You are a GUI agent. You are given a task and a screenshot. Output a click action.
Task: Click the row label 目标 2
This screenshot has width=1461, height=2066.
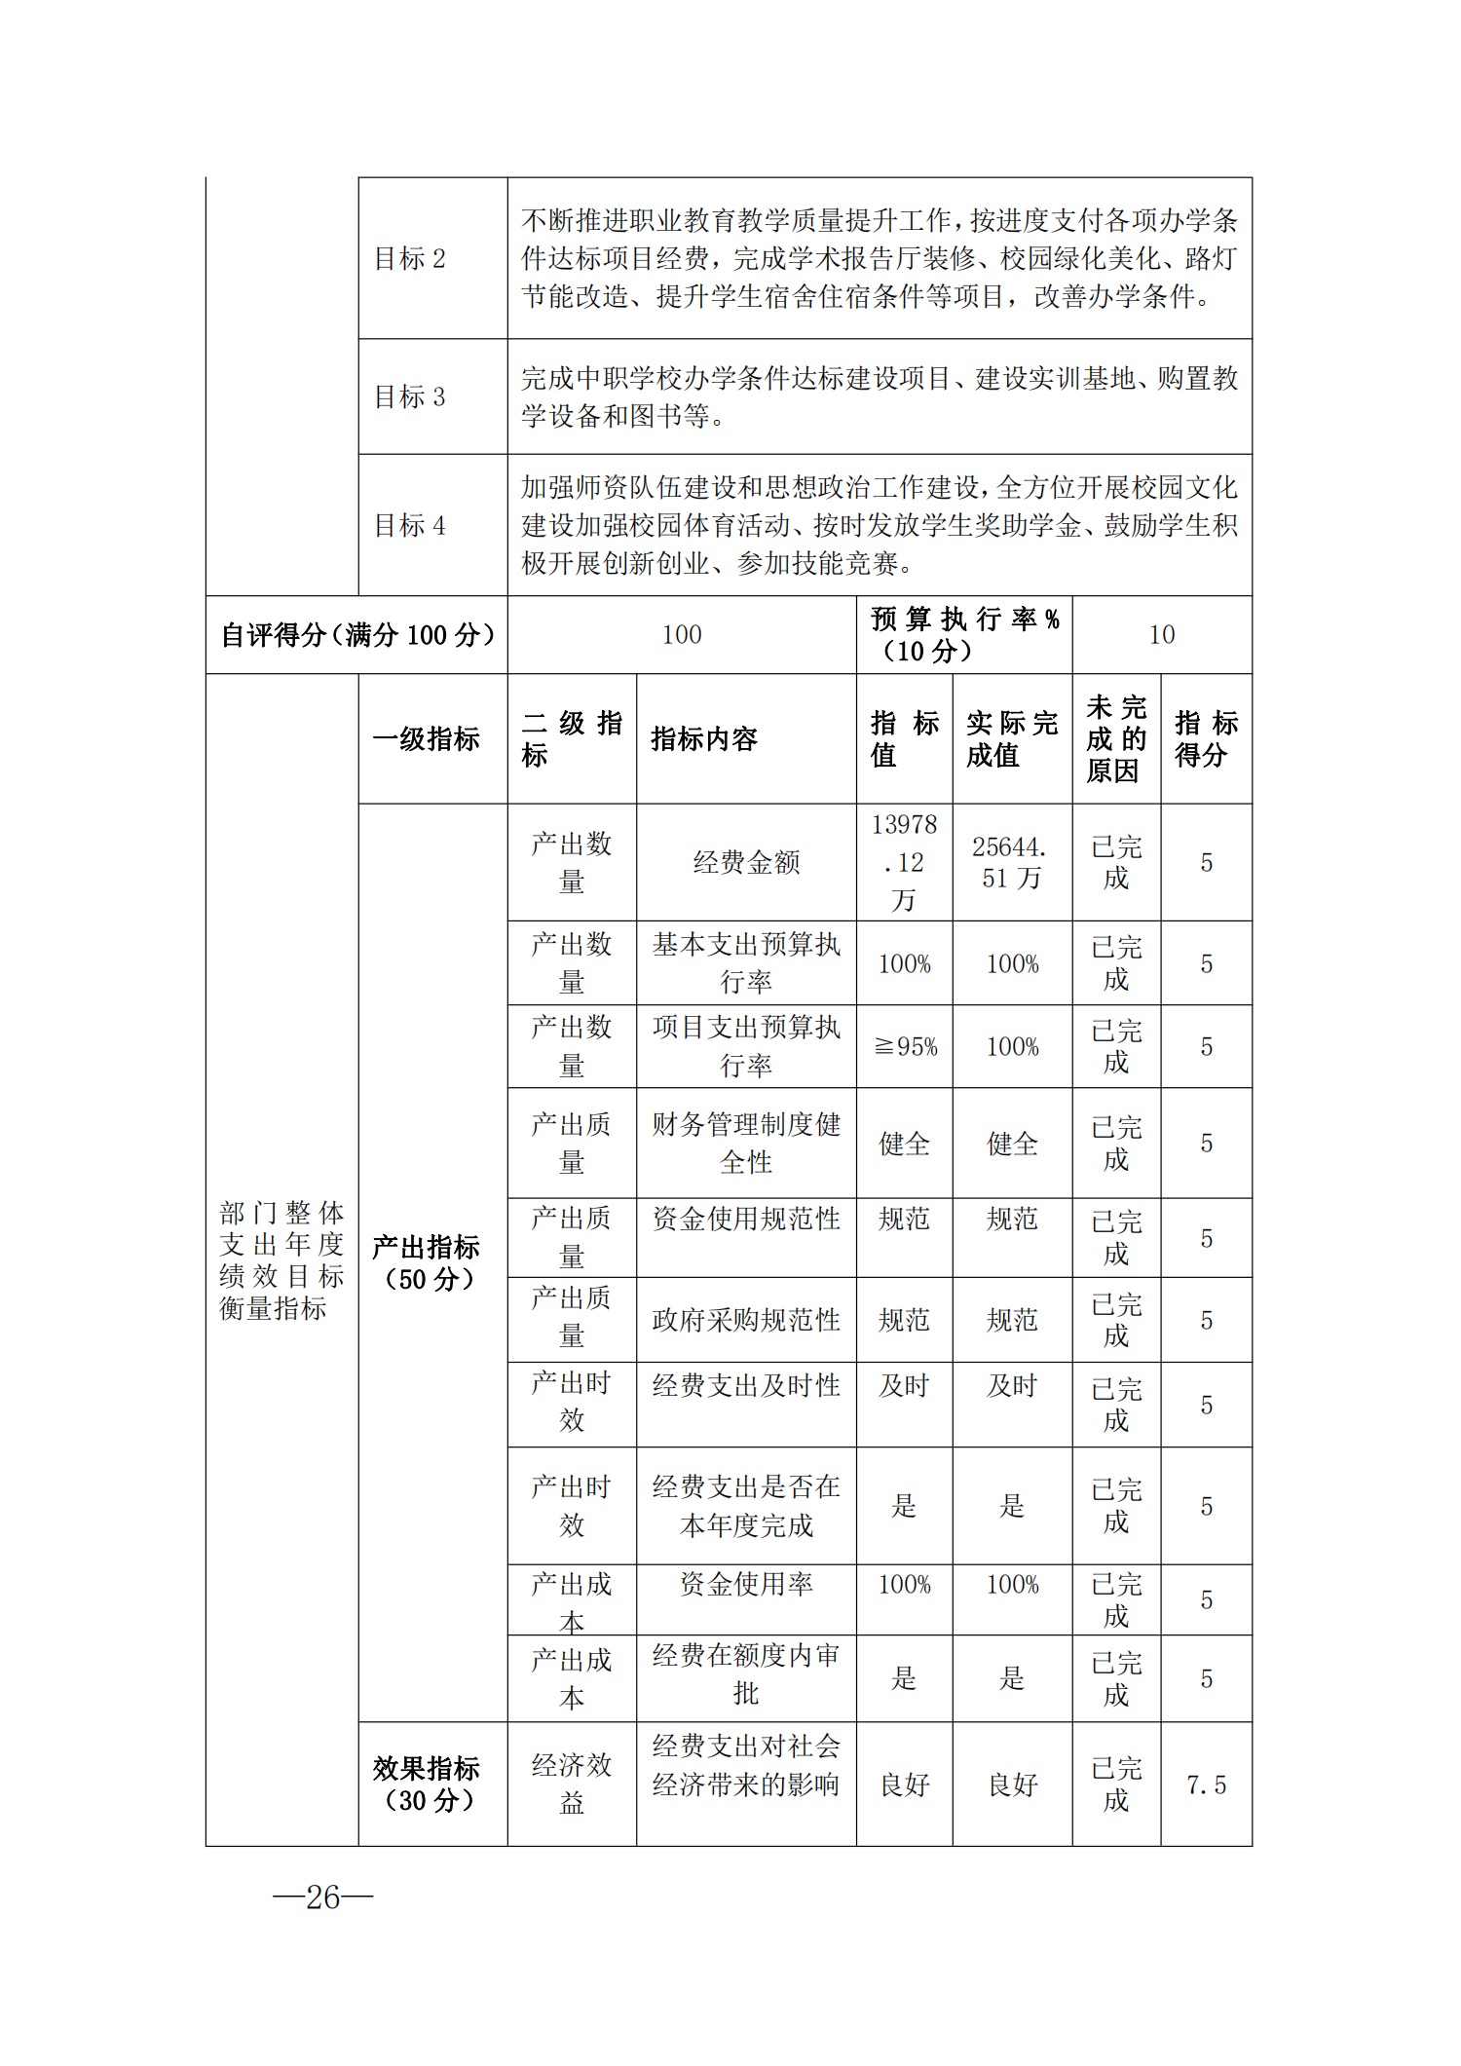[410, 259]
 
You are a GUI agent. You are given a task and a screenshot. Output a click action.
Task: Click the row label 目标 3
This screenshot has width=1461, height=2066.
[410, 397]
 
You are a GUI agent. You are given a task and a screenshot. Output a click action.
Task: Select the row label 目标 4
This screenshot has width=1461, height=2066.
[410, 526]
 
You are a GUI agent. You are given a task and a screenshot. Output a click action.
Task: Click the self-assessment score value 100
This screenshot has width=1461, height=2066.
[682, 635]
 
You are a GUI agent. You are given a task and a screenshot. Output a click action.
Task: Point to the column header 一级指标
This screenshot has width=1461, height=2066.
[427, 739]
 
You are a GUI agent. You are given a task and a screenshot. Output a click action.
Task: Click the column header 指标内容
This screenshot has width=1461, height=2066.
[704, 739]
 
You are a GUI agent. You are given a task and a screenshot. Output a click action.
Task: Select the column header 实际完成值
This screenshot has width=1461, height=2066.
[1012, 739]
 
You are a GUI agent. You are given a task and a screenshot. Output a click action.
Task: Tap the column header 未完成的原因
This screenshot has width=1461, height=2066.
[1116, 739]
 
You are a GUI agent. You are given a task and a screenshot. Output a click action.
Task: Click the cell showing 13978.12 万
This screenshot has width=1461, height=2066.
[904, 863]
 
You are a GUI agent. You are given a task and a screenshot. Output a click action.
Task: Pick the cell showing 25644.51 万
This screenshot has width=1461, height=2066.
[1012, 863]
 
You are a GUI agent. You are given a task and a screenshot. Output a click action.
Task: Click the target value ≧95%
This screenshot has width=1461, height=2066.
[905, 1047]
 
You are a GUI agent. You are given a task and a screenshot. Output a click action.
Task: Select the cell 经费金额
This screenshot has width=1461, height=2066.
[746, 863]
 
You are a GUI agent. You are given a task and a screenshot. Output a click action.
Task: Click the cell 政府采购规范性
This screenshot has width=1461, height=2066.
[746, 1321]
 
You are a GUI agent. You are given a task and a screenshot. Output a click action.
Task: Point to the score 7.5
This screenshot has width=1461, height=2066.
[1206, 1785]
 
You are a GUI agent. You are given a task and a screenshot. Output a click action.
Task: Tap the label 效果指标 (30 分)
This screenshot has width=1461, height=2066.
[427, 1784]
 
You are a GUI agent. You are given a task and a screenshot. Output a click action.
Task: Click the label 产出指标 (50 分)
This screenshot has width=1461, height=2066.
[427, 1263]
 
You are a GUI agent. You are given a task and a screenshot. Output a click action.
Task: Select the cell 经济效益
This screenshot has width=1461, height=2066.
[572, 1784]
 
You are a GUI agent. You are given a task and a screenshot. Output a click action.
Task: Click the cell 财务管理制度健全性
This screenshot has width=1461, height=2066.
[746, 1144]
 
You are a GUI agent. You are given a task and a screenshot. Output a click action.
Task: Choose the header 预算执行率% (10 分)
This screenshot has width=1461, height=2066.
[964, 635]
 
